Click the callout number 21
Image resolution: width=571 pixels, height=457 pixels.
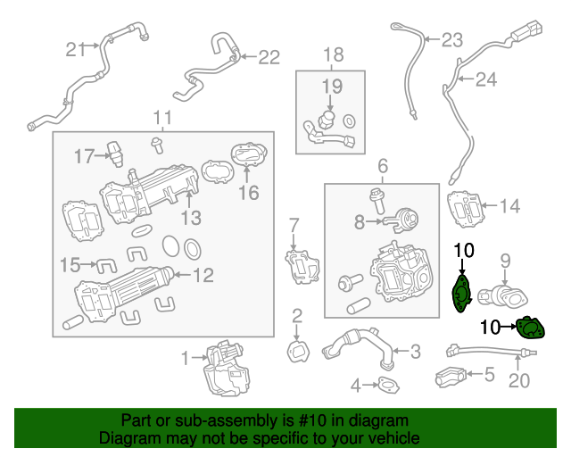tap(72, 49)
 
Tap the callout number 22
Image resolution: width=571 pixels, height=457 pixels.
tap(269, 57)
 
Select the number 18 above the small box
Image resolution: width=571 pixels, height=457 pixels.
tap(332, 55)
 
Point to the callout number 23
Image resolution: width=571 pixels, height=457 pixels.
tap(453, 39)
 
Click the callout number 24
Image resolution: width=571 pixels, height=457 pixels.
tap(484, 80)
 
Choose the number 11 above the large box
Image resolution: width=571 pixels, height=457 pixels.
tap(161, 118)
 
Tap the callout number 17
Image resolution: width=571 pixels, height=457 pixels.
tap(84, 156)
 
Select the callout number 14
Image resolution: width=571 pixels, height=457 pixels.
tap(509, 207)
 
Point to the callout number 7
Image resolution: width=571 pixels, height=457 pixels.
tap(294, 223)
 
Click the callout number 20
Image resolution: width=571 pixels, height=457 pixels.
tap(518, 381)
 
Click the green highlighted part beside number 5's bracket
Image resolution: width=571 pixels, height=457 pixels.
tap(532, 329)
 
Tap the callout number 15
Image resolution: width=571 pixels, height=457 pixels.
tap(70, 265)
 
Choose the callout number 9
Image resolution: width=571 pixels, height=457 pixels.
tap(504, 261)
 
